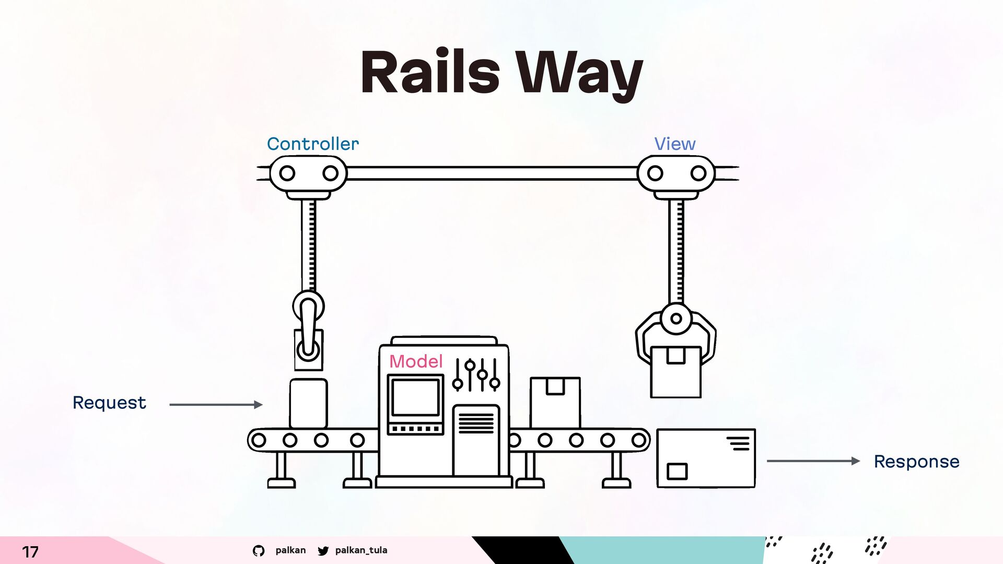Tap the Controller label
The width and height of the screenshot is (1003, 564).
coord(312,144)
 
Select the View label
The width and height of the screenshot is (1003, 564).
coord(674,144)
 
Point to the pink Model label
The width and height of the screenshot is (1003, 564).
coord(415,361)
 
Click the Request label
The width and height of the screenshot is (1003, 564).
coord(109,403)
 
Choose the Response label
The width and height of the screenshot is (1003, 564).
coord(916,462)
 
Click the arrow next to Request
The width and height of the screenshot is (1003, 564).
coord(215,405)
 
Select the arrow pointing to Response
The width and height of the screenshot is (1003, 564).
coord(812,461)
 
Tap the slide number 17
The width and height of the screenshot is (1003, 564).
coord(30,551)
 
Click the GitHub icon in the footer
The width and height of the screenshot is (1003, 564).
coord(259,550)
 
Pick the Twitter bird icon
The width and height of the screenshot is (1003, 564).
coord(323,550)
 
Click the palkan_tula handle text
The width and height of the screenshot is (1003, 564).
coord(361,550)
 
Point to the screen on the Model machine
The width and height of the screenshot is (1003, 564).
coord(415,398)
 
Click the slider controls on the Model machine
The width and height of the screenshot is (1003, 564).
coord(476,374)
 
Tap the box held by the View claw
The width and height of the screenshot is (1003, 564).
coord(675,372)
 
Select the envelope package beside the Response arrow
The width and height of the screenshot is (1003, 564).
coord(705,459)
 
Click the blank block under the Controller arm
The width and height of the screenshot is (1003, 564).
coord(308,403)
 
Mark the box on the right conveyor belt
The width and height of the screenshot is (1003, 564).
coord(555,402)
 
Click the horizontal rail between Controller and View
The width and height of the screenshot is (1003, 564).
coord(491,173)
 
